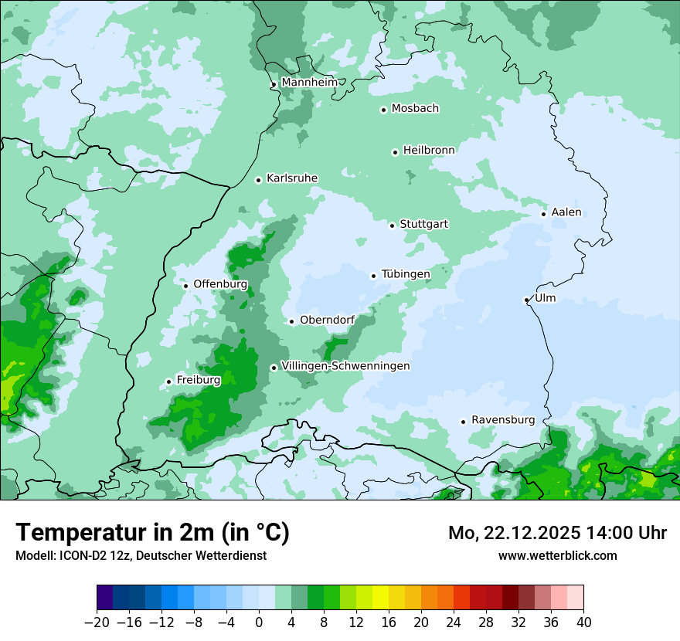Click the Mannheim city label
click(x=309, y=82)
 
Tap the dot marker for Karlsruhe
click(x=259, y=180)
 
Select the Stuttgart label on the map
click(x=423, y=224)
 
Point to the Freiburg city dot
click(x=168, y=382)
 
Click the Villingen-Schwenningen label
click(x=345, y=366)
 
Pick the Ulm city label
click(x=545, y=298)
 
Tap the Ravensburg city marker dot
click(x=463, y=422)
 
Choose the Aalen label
click(x=566, y=212)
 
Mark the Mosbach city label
click(x=415, y=109)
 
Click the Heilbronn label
click(x=429, y=151)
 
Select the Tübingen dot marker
click(x=374, y=276)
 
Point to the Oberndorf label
click(x=327, y=320)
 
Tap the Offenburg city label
click(x=219, y=284)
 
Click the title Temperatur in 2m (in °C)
click(x=153, y=532)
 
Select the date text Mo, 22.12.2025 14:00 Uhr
click(x=557, y=533)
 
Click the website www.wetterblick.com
click(x=557, y=555)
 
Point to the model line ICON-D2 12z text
click(x=141, y=555)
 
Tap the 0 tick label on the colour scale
click(x=259, y=622)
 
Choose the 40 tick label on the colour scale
click(x=583, y=622)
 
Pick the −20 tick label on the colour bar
click(x=97, y=622)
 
